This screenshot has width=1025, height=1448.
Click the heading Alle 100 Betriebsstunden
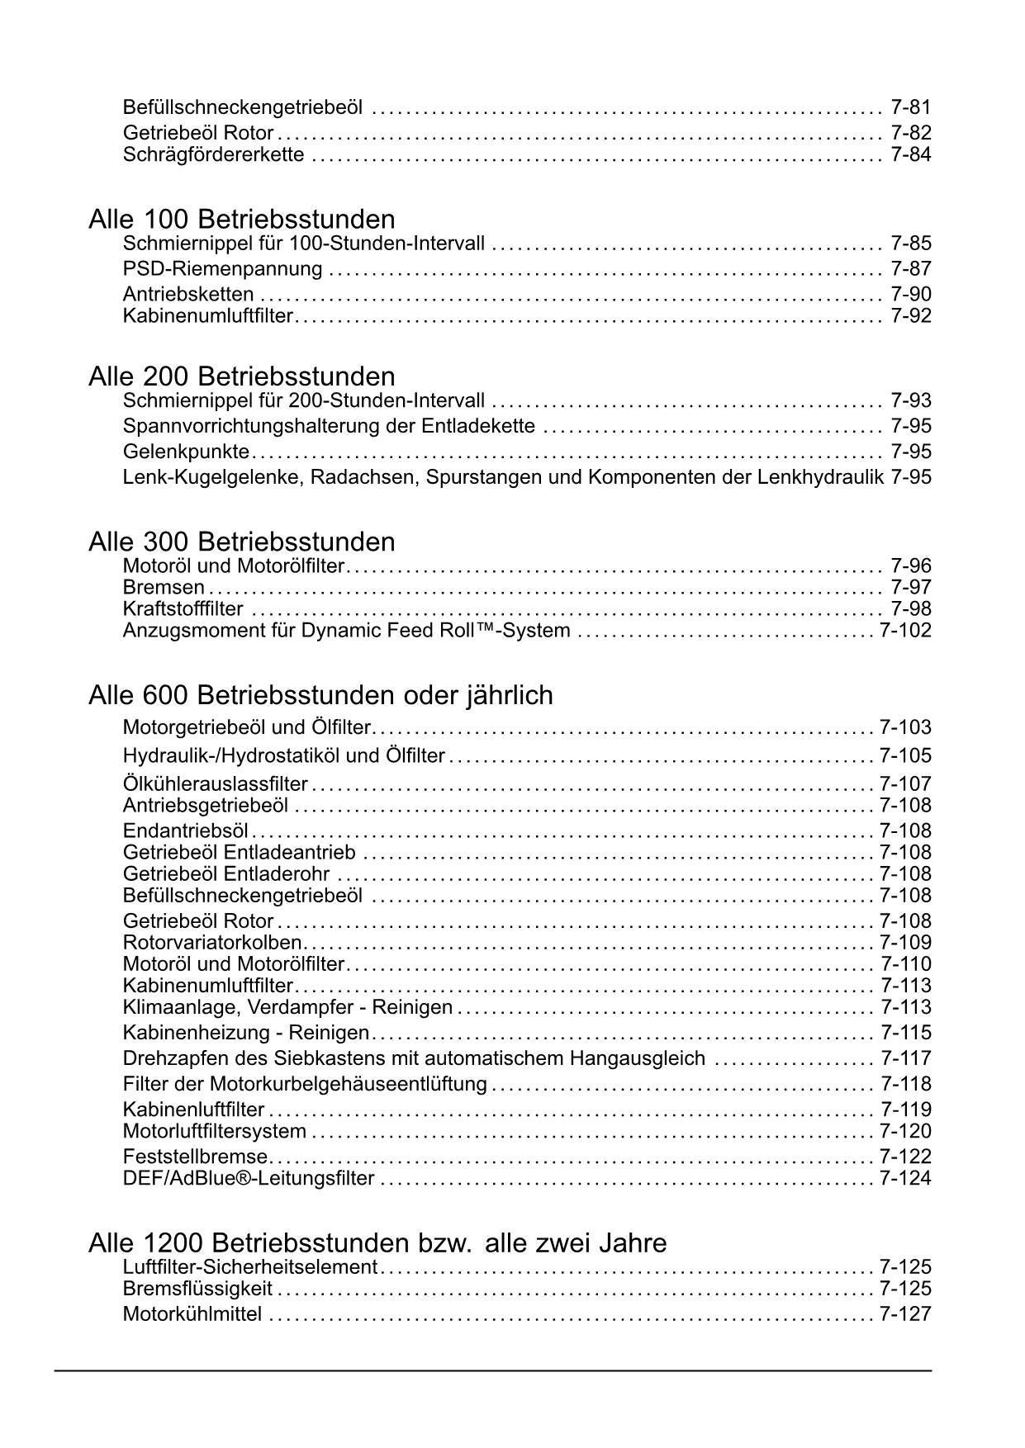point(241,220)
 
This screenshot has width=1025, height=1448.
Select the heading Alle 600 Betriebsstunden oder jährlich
point(320,696)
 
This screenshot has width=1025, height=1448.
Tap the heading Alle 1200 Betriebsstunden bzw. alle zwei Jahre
point(377,1243)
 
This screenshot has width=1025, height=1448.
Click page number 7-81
point(911,106)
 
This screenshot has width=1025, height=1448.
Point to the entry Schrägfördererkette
point(213,154)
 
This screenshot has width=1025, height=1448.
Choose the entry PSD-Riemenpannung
point(222,268)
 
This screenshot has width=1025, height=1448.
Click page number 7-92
point(911,315)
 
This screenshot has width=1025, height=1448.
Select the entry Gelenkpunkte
point(186,452)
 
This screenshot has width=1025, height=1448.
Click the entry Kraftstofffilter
point(183,609)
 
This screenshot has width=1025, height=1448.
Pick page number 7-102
point(905,631)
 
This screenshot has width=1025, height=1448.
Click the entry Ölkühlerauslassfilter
point(215,783)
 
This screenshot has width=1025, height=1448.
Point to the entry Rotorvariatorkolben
point(212,943)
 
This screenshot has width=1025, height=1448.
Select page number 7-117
point(905,1058)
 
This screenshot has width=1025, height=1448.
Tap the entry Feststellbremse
point(195,1157)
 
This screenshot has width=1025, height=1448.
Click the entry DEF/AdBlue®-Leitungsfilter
point(249,1179)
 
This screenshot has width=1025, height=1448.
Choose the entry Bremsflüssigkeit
point(197,1289)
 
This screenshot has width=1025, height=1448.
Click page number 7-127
point(905,1314)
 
